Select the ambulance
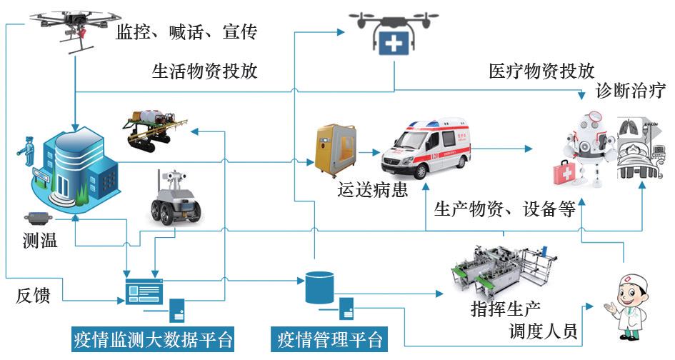tap(423, 149)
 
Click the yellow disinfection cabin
tap(336, 149)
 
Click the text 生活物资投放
tap(205, 71)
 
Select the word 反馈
tap(34, 295)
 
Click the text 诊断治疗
tap(629, 93)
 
